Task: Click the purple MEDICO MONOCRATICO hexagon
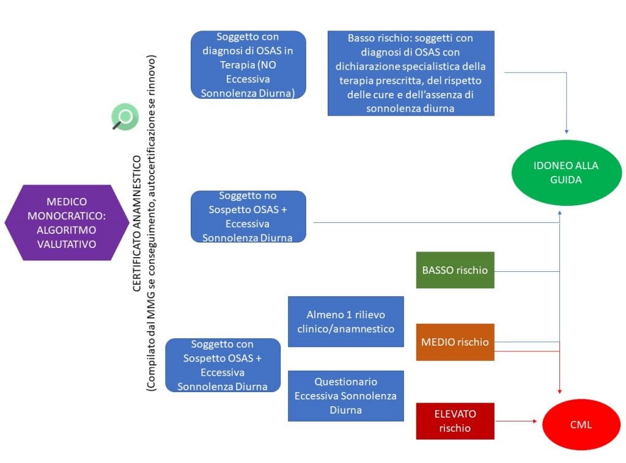67,222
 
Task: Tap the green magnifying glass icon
124,117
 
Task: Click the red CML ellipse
580,424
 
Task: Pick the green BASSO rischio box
455,269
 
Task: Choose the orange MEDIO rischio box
455,342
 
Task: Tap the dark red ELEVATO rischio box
455,421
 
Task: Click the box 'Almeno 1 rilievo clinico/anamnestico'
345,321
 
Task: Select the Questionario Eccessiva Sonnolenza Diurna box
345,396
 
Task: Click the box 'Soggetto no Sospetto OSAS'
248,217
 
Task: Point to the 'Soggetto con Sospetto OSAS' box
223,365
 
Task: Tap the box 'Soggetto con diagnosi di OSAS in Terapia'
248,65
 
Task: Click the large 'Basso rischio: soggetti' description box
411,73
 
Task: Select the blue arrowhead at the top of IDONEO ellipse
567,131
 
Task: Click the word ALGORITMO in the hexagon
67,229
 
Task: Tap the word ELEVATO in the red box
455,414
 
